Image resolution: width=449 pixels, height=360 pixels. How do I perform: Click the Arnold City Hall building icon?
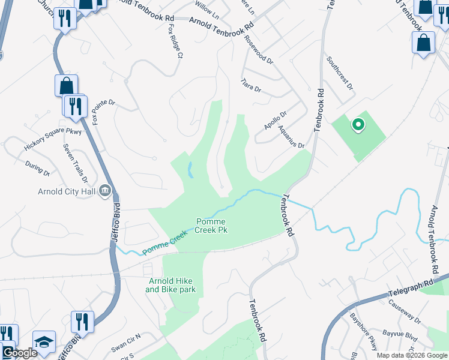point(105,191)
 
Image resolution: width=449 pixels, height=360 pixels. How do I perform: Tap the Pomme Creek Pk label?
point(212,225)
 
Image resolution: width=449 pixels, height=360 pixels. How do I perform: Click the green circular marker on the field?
point(358,125)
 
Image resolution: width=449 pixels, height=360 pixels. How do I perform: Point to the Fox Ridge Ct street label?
point(175,42)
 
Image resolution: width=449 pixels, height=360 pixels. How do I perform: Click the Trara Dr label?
point(251,85)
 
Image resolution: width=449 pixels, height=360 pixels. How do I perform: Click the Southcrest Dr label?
point(340,73)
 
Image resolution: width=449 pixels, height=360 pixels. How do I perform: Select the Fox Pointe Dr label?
point(103,112)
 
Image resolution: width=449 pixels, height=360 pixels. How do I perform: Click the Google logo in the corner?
point(20,353)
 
